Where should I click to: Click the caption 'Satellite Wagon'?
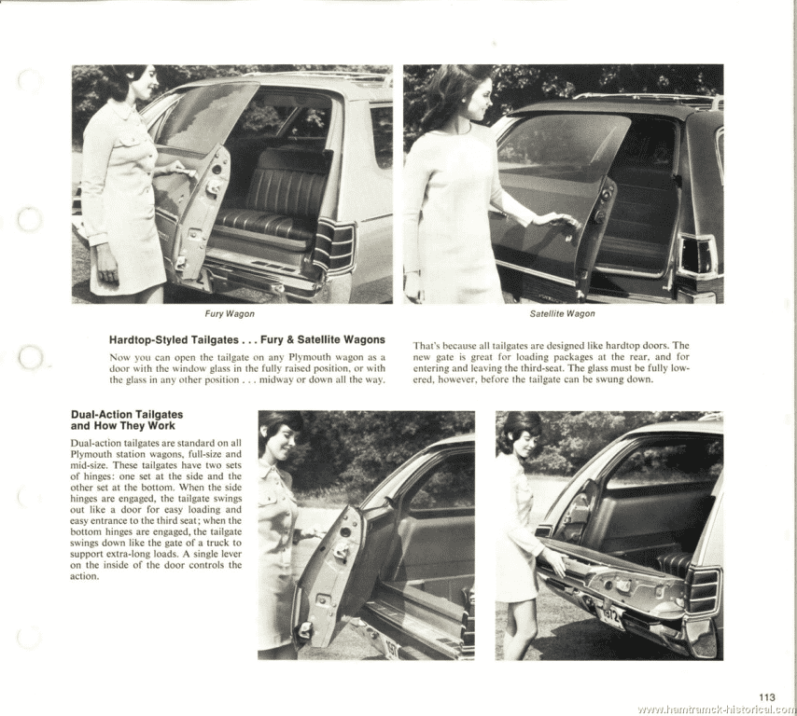562,314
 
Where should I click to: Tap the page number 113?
767,696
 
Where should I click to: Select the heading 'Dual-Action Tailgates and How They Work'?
127,420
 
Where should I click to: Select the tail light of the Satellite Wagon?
694,254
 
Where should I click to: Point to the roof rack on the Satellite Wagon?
644,98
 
